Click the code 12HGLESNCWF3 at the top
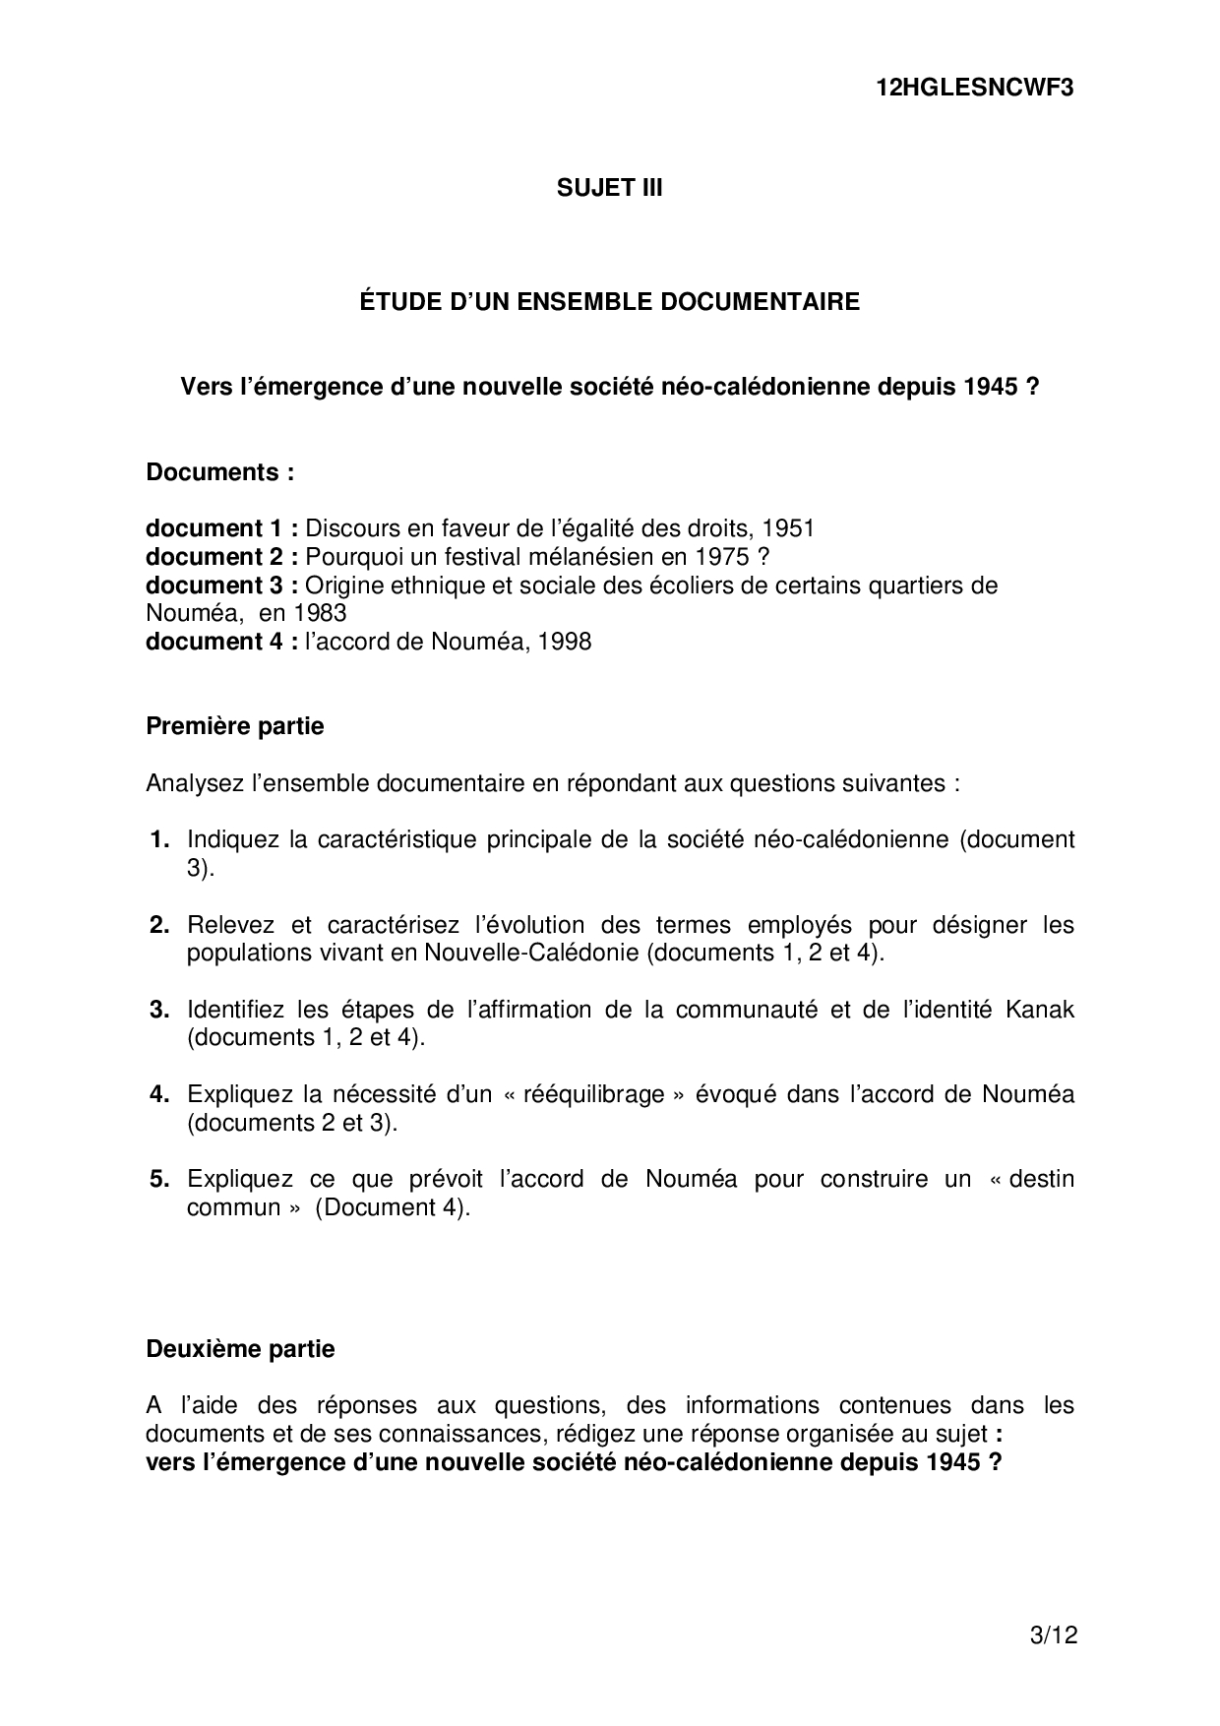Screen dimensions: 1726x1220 pyautogui.click(x=974, y=88)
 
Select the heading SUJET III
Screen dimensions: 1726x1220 pyautogui.click(x=609, y=188)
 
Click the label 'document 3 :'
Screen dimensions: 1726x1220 pyautogui.click(x=222, y=586)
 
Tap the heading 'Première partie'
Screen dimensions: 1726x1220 pyautogui.click(x=235, y=726)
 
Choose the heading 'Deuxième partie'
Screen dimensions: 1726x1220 pyautogui.click(x=240, y=1348)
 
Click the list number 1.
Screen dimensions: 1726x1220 pyautogui.click(x=160, y=839)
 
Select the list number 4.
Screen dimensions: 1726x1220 pyautogui.click(x=160, y=1094)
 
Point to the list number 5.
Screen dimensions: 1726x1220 pyautogui.click(x=160, y=1179)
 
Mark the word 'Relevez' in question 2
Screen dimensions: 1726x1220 pyautogui.click(x=227, y=925)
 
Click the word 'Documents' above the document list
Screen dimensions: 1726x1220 pyautogui.click(x=213, y=472)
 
